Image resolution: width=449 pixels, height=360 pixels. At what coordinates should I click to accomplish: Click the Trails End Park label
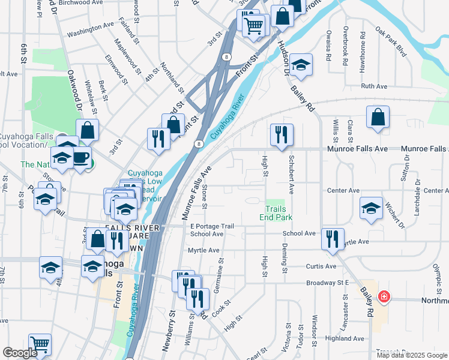[276, 213]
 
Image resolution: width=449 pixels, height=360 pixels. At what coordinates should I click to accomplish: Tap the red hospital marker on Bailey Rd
[384, 297]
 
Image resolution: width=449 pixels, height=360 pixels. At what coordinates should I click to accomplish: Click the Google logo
[20, 353]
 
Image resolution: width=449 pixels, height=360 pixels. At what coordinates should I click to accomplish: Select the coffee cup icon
[82, 158]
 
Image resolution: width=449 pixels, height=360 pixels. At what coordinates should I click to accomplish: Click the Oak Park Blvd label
[390, 41]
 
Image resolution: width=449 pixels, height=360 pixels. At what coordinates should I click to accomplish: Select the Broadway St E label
[327, 282]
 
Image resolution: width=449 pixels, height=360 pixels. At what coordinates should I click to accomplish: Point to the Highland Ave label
[344, 338]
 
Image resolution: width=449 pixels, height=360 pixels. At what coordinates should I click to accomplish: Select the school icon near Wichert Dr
[371, 208]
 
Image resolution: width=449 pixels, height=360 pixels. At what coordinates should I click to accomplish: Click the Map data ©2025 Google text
[411, 355]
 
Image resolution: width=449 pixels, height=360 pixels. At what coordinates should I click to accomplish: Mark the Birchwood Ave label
[80, 2]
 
